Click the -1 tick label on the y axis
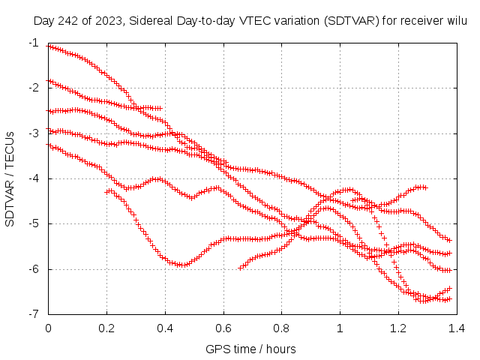pos(35,43)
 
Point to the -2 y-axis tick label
pos(35,88)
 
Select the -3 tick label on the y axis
pos(35,133)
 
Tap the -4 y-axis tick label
pos(35,178)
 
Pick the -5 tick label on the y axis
pos(35,223)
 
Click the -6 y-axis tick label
pos(35,269)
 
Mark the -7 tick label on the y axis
pos(35,314)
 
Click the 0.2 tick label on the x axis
pos(106,328)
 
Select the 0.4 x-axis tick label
pos(165,328)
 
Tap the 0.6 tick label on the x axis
pos(223,328)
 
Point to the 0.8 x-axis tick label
pos(281,328)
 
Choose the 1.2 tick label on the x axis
pos(397,328)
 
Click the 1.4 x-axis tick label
pos(456,328)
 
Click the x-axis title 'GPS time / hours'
pos(251,349)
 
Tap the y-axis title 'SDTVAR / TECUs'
pos(10,178)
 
